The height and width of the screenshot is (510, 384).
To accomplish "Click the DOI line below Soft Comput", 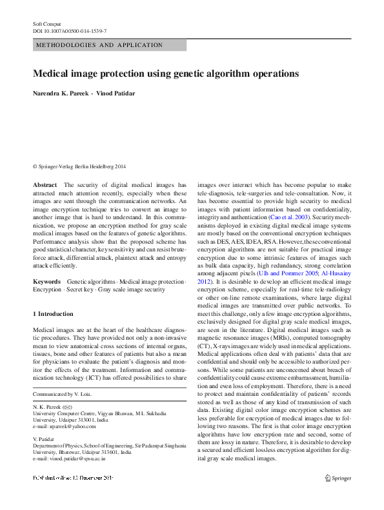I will [x=70, y=31].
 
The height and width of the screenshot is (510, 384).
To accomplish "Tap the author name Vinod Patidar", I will [x=117, y=94].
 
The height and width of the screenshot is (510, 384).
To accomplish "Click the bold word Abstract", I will [x=45, y=184].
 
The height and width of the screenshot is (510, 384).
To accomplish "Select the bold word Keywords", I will [x=46, y=282].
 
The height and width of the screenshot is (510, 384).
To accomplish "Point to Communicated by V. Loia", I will [x=62, y=394].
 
